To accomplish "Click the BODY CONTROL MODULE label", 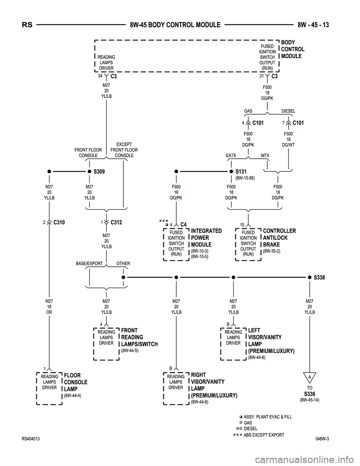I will [x=292, y=49].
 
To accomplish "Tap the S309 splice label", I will [x=99, y=171].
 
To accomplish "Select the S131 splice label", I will [x=241, y=171].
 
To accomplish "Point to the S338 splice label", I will [x=319, y=278].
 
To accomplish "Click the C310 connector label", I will [x=59, y=222].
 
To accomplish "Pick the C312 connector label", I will [x=116, y=222].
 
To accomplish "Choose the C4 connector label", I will [x=183, y=224].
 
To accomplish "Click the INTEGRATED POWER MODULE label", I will [x=206, y=238].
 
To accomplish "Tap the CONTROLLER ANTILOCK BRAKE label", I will [x=279, y=238].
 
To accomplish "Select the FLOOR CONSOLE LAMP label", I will [x=76, y=382].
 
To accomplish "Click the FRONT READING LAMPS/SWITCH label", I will [x=139, y=337].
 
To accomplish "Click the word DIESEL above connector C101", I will [x=288, y=111].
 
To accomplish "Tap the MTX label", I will [x=265, y=155].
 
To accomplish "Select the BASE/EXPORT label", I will [x=89, y=263].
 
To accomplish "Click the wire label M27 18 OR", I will [x=49, y=307].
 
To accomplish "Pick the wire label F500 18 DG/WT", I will [x=288, y=139].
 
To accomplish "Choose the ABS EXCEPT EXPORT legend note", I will [x=264, y=435].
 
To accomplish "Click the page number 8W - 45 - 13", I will [x=313, y=25].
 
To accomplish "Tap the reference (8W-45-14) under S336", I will [x=309, y=400].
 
